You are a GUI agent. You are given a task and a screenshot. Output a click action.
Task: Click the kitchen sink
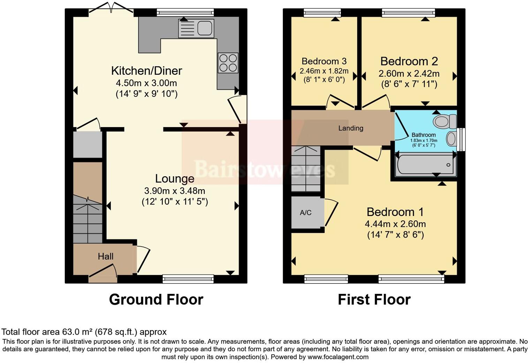pos(196,28)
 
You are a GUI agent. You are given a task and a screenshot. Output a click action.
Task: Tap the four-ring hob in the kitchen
pos(228,63)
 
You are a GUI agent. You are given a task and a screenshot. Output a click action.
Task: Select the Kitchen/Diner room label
pos(146,71)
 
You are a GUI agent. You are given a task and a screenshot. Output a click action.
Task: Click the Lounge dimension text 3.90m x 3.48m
pos(174,191)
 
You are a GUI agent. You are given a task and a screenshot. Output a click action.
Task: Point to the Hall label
pos(105,257)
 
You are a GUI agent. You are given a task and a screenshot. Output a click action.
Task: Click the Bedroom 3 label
pos(324,61)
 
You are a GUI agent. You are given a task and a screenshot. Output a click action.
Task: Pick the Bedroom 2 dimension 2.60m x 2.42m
pos(409,74)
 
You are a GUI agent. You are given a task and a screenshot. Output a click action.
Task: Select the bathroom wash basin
pos(451,139)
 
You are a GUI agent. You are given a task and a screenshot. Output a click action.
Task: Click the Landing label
pos(350,128)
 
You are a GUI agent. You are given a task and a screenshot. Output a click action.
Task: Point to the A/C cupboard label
pos(305,213)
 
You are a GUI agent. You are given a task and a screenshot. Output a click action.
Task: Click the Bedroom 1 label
pos(395,212)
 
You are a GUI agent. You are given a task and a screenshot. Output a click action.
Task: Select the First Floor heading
pos(374,299)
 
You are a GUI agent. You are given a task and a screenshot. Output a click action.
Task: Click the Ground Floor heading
pos(156,299)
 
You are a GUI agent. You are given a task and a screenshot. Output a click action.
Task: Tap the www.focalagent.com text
pos(338,357)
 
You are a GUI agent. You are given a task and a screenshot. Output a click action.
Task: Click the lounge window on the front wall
pos(188,278)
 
